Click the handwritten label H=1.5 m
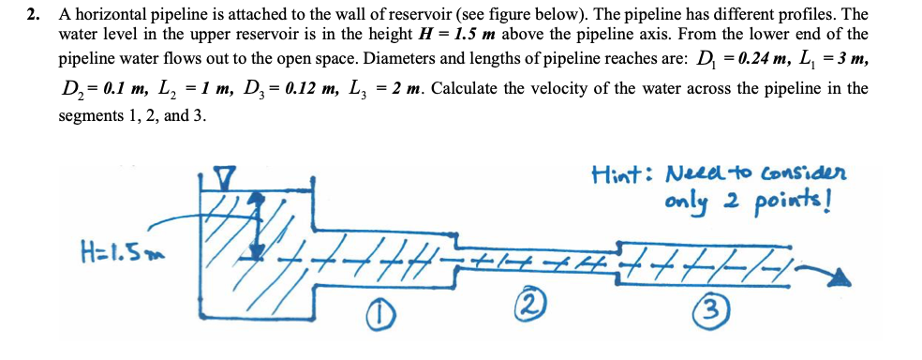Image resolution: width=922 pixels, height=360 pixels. [117, 253]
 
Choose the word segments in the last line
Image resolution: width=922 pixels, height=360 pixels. [89, 115]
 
